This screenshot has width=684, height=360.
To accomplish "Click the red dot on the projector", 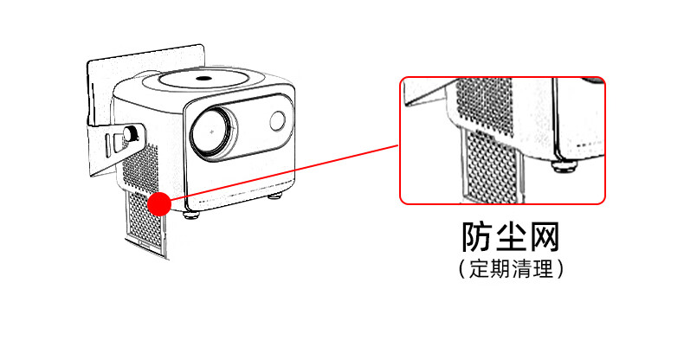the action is click(159, 203).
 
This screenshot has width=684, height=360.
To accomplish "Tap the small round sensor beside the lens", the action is click(279, 121).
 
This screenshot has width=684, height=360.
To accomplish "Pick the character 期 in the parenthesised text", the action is click(501, 268).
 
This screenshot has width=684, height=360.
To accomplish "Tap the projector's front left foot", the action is click(192, 214).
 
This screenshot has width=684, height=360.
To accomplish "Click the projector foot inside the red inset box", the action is click(565, 163).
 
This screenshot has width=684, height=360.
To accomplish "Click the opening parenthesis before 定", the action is click(462, 269).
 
